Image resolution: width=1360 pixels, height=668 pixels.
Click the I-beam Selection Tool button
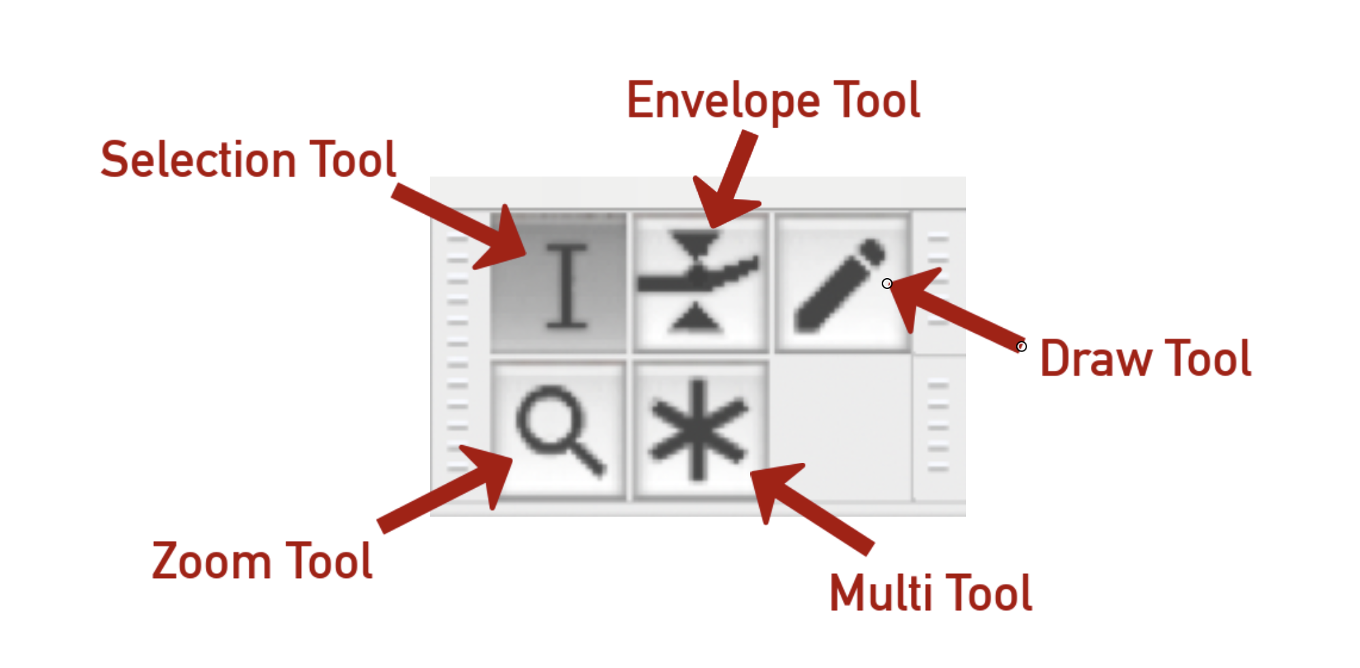559,283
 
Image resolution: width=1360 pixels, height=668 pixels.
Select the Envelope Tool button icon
700,283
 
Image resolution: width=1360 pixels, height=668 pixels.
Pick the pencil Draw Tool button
842,283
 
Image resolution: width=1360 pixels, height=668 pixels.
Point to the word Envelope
723,101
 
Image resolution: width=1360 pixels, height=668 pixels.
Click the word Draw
1095,359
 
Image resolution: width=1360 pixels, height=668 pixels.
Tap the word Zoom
211,562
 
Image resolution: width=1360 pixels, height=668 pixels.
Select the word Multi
880,593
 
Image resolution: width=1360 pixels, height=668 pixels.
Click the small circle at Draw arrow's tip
887,284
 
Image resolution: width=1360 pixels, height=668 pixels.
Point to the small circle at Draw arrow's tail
1021,346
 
